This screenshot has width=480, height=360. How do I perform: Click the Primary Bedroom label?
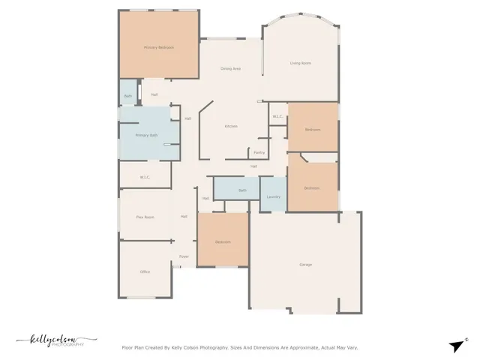click(159, 47)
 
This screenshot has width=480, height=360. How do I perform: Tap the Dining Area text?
click(230, 68)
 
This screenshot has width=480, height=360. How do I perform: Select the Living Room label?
click(301, 62)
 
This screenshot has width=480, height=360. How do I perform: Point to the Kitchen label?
click(231, 126)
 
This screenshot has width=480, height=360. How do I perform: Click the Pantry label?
click(259, 152)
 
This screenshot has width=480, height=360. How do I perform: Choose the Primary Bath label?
click(146, 135)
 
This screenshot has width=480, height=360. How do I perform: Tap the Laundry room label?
click(273, 196)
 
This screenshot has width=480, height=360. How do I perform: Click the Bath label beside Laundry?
click(242, 190)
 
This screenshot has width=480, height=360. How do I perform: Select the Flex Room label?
click(145, 217)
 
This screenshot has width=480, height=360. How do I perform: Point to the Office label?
click(145, 271)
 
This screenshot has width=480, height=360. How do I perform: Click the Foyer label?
click(183, 256)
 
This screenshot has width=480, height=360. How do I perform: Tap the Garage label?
click(305, 265)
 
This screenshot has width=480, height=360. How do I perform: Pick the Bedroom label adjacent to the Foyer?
click(223, 241)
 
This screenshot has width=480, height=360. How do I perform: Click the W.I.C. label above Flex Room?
click(145, 177)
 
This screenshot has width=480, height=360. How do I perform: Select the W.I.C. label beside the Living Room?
click(277, 116)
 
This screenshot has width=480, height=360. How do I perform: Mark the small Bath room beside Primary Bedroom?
click(127, 96)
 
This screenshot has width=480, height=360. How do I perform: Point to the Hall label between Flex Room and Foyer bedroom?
click(183, 217)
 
